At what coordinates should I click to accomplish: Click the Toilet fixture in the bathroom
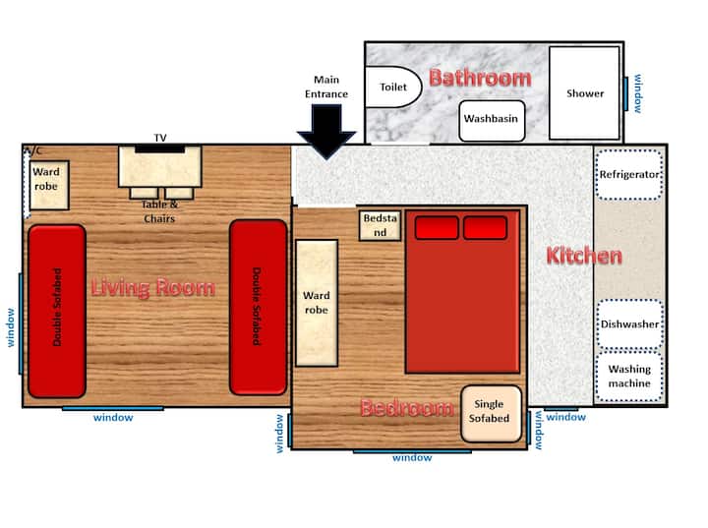click(x=392, y=87)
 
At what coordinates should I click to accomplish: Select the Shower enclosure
click(x=584, y=93)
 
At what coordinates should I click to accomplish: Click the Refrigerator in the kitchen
click(x=629, y=174)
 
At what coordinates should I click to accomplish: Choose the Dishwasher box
click(x=630, y=323)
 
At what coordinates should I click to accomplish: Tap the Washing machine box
click(x=629, y=377)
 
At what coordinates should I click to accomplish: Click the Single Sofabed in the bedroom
click(x=492, y=413)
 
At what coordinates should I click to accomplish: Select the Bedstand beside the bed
click(x=380, y=225)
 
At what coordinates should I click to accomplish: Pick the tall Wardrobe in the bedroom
click(x=317, y=303)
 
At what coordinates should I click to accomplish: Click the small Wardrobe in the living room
click(x=49, y=185)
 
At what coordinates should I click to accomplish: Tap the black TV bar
click(x=160, y=148)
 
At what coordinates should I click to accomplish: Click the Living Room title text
click(x=153, y=288)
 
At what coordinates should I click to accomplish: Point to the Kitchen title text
click(x=584, y=256)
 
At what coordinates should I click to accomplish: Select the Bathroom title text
click(x=480, y=78)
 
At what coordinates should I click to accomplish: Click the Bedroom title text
click(x=407, y=408)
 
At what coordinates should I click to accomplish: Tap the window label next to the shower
click(x=637, y=93)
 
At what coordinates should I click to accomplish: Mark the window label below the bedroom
click(x=412, y=457)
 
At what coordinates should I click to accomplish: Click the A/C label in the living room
click(x=32, y=150)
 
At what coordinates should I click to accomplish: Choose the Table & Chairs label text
click(x=160, y=211)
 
